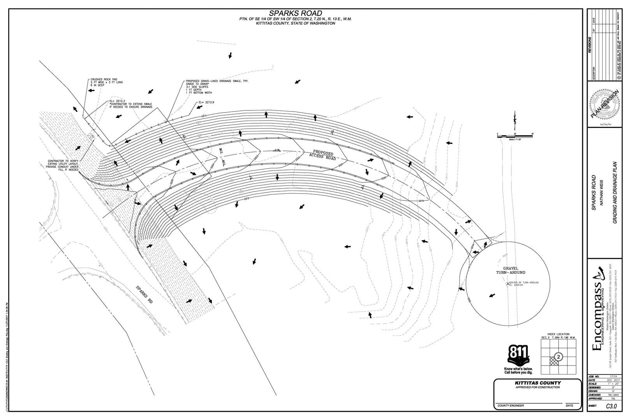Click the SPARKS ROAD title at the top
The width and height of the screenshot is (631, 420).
(x=296, y=14)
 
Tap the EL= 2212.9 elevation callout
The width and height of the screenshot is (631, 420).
(x=206, y=102)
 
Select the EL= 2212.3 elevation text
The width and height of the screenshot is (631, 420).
(x=117, y=101)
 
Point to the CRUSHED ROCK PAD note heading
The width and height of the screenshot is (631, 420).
(x=102, y=79)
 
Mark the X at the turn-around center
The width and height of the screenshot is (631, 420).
(x=508, y=284)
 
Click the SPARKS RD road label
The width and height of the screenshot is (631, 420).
(x=144, y=294)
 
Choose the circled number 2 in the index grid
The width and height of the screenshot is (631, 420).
(x=559, y=357)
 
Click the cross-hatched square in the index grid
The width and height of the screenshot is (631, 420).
(x=554, y=361)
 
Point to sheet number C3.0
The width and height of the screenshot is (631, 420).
(x=611, y=406)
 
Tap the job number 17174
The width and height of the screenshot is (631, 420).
(x=613, y=376)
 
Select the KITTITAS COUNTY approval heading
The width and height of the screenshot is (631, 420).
(x=538, y=383)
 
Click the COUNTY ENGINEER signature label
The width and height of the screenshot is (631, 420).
(x=511, y=406)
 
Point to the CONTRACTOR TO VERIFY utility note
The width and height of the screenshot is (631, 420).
(x=63, y=165)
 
